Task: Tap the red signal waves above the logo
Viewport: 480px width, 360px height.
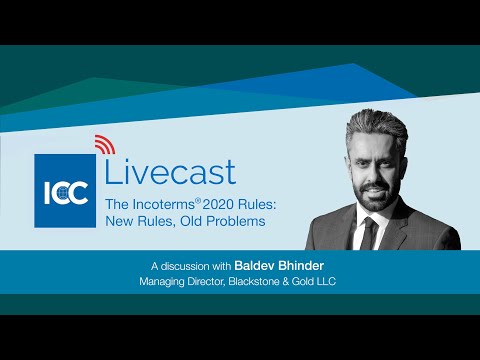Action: [x=103, y=145]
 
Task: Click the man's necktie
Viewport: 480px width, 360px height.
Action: [x=371, y=233]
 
